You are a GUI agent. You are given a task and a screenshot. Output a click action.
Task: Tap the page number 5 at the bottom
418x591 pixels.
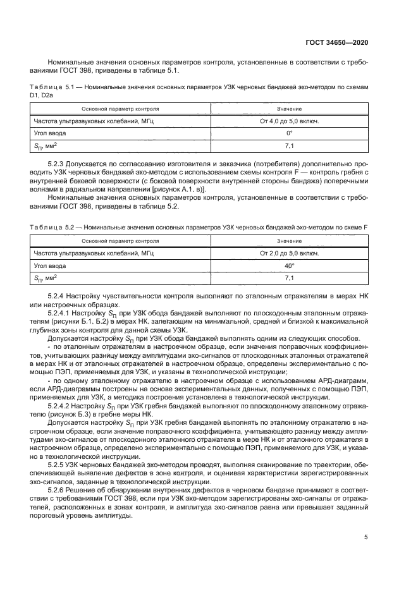(x=366, y=537)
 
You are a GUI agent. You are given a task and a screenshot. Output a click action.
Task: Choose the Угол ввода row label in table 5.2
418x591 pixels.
(x=51, y=266)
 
